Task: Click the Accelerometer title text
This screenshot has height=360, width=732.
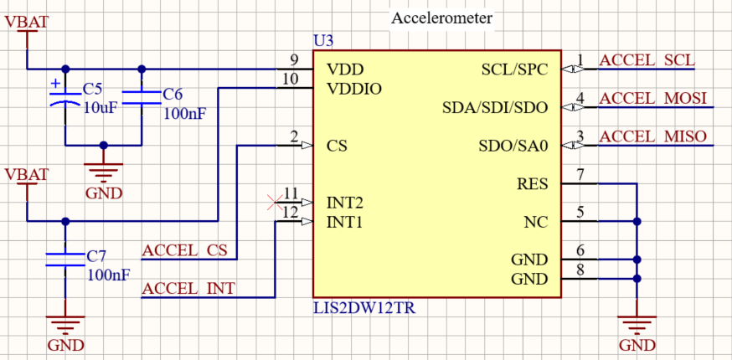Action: [x=442, y=18]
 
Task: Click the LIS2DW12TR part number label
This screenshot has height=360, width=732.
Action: [x=363, y=308]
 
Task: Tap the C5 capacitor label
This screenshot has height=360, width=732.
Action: [x=92, y=89]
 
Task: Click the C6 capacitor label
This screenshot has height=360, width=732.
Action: [x=173, y=94]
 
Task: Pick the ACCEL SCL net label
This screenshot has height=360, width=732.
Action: [x=647, y=60]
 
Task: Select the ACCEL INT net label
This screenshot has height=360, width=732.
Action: [x=188, y=289]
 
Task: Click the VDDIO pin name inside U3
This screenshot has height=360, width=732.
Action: [x=354, y=87]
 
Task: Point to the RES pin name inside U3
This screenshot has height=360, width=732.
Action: [x=533, y=184]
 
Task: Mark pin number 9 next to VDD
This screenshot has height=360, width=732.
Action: [x=293, y=59]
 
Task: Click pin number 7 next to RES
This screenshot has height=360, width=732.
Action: [x=580, y=175]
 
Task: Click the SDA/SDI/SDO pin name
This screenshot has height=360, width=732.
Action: [x=494, y=107]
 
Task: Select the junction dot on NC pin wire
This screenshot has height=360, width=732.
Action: [x=637, y=222]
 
